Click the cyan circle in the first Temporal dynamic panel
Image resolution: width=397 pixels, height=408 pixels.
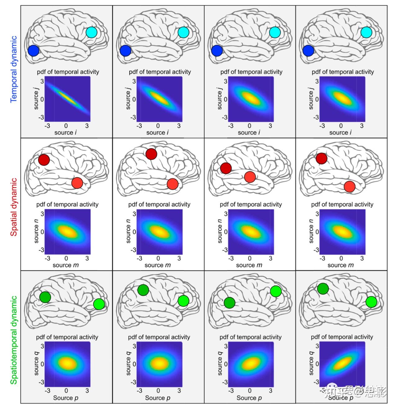coord(91,32)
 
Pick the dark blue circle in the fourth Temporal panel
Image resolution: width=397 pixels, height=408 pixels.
coord(308,50)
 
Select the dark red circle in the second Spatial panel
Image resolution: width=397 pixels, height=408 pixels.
coord(151,154)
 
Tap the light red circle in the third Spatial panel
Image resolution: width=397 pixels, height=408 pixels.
coord(250,177)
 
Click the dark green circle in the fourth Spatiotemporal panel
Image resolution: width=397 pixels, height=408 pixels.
coord(323,288)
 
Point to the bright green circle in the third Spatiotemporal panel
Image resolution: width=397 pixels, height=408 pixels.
coord(276,291)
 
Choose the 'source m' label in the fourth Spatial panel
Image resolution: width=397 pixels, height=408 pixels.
coord(341,265)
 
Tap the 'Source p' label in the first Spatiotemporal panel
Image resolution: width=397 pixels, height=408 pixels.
coord(66,398)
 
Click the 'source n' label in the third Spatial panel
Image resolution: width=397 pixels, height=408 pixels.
coord(220,231)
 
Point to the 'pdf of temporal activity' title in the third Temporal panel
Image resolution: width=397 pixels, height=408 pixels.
coord(251,72)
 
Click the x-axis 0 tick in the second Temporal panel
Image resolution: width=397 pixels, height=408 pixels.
coord(158,126)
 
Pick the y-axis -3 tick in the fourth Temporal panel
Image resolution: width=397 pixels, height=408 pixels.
coord(316,117)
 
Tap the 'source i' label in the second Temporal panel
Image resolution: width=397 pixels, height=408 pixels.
coord(158,133)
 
